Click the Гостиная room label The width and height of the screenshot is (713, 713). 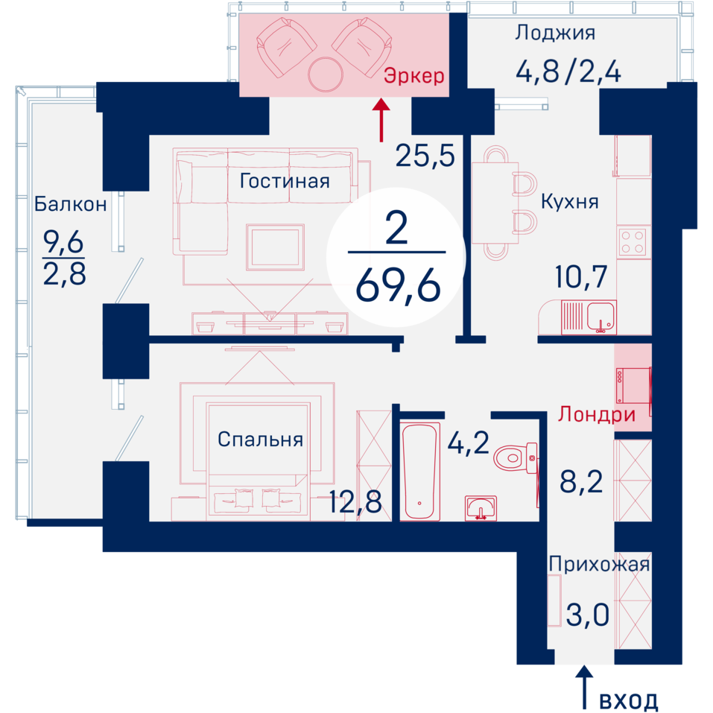click(x=285, y=181)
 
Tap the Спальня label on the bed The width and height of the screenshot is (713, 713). click(x=260, y=440)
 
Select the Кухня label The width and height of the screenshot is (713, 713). click(x=569, y=201)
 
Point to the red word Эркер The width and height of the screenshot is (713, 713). click(x=413, y=76)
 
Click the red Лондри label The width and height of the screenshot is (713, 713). click(x=597, y=414)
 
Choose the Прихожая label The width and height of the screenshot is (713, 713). click(x=599, y=564)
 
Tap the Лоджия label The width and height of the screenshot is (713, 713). click(x=555, y=33)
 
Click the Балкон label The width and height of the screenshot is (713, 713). click(x=71, y=204)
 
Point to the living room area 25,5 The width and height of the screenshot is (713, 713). click(x=425, y=155)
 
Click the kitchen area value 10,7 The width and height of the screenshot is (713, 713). click(x=581, y=276)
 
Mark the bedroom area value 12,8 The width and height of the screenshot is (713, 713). click(x=355, y=501)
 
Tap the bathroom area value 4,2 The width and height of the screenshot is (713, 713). click(x=469, y=443)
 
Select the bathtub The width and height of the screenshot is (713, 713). click(x=421, y=471)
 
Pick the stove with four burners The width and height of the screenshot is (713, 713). click(x=633, y=242)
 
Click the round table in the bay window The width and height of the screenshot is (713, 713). click(x=325, y=74)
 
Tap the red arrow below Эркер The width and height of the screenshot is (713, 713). click(x=381, y=120)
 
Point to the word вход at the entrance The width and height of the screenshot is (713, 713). click(x=628, y=700)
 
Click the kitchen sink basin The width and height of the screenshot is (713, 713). click(x=601, y=316)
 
